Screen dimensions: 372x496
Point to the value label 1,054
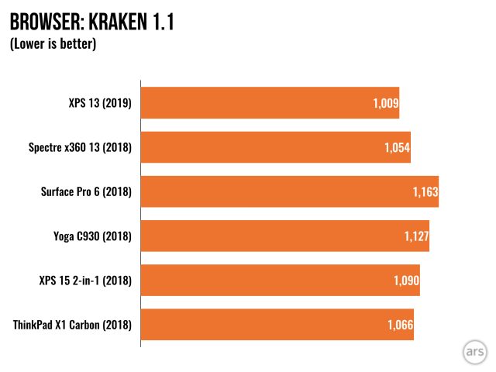click(x=395, y=147)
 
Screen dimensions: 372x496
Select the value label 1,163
click(x=425, y=191)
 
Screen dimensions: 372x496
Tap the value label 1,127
click(x=415, y=236)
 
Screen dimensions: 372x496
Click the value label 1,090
click(x=405, y=280)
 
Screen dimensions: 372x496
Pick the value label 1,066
click(x=399, y=324)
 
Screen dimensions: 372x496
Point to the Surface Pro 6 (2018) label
click(x=86, y=191)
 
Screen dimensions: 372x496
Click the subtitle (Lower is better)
click(x=53, y=44)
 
